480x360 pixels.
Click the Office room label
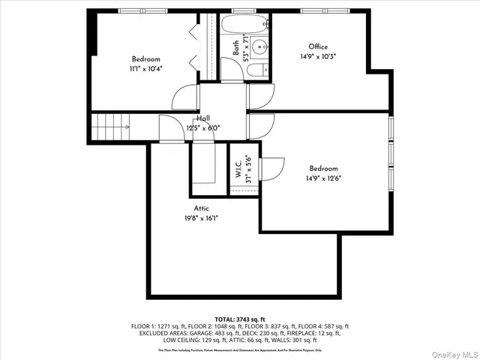point(318,46)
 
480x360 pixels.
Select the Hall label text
point(203,119)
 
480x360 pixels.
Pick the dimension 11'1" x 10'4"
point(147,68)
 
